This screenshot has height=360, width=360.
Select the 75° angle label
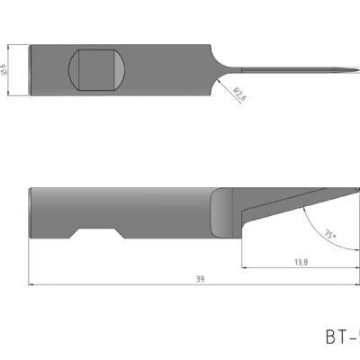(328, 235)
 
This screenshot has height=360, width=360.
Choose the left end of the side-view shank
(31, 212)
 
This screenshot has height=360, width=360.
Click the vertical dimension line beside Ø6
(13, 68)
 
